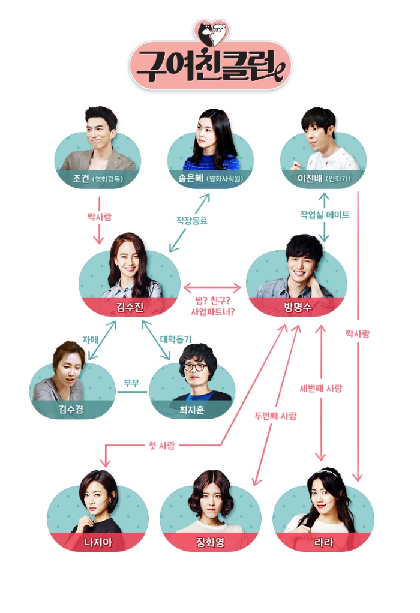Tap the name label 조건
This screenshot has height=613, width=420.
tap(81, 178)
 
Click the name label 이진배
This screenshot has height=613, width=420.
tap(311, 178)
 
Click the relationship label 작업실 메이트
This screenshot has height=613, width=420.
tap(325, 214)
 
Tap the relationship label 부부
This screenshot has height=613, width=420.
tap(132, 383)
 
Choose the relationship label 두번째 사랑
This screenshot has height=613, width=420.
tap(275, 416)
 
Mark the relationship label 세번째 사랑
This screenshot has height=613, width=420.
tap(323, 388)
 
